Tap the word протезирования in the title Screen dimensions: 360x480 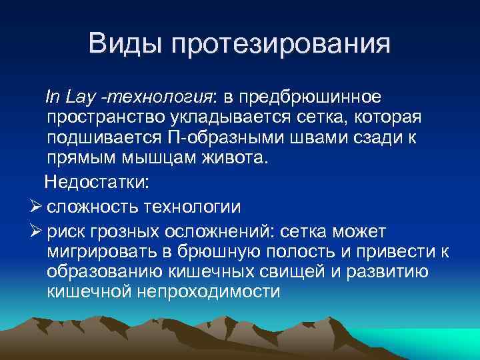(281, 45)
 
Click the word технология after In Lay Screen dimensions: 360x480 (160, 97)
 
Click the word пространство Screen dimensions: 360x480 (98, 119)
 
